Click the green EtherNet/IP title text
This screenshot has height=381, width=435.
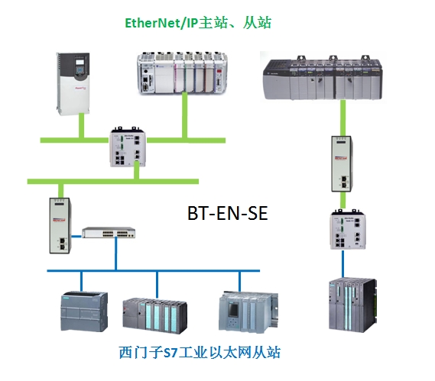point(198,23)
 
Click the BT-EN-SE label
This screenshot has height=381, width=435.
point(228,213)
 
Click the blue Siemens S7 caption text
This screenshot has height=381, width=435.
point(200,352)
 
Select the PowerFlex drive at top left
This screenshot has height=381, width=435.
point(73,84)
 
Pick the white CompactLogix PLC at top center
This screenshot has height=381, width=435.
point(182,73)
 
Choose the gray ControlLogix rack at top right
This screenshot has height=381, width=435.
point(323,77)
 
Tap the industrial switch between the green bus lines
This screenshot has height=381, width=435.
point(128,147)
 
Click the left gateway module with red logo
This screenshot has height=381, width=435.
point(60,225)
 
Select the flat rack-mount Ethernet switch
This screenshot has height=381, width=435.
point(109,232)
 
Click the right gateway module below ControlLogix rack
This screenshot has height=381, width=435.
point(342,163)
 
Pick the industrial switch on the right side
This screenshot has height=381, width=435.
point(348,230)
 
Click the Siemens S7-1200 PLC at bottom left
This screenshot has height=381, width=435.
point(84,312)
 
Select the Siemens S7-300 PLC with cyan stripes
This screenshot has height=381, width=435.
point(155,315)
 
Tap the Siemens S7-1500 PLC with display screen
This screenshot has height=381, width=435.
point(248,312)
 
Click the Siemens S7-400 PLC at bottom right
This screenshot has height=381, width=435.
point(352,305)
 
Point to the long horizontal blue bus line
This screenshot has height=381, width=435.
point(154,271)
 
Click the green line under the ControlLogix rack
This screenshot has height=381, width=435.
point(343,118)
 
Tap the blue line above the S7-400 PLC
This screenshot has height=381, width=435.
point(343,263)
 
